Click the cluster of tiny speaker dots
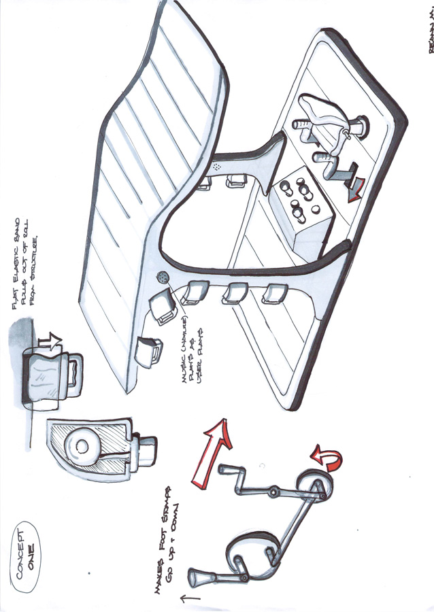(217, 166)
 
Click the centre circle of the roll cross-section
(83, 446)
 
